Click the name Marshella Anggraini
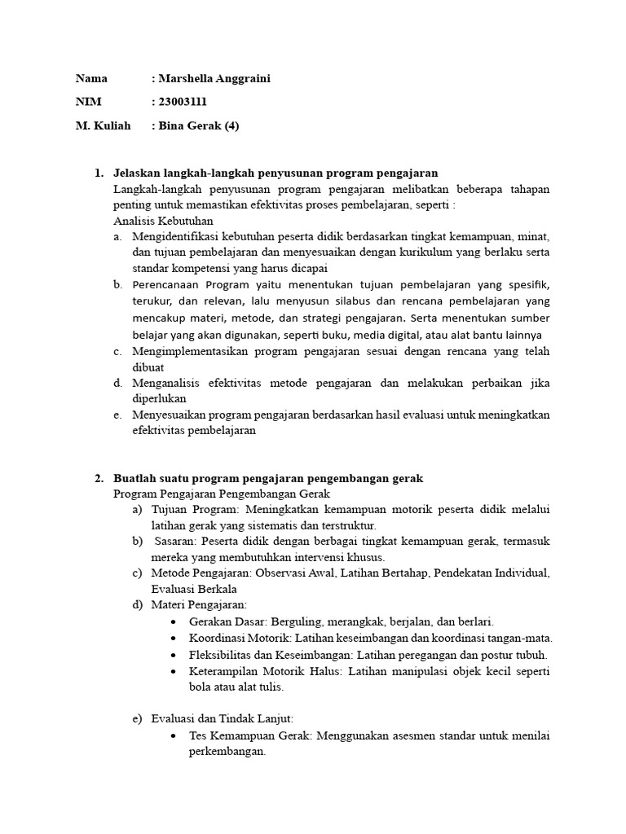pos(214,79)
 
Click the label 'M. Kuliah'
pos(103,125)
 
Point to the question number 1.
pos(99,173)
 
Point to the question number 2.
pos(99,478)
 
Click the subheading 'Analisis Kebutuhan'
pos(163,220)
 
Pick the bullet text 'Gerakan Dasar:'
pos(226,621)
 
